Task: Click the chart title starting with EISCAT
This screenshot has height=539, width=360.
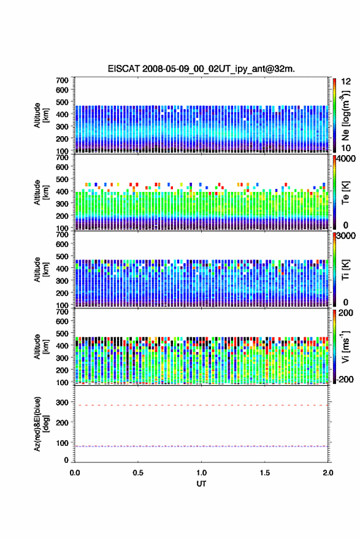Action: point(201,69)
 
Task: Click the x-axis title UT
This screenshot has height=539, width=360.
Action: point(201,484)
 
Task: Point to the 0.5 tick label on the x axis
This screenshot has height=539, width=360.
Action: point(138,473)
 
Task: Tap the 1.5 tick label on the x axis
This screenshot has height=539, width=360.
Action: point(265,473)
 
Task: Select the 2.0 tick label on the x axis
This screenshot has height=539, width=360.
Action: point(328,473)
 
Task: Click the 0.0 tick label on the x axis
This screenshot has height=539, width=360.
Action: point(75,473)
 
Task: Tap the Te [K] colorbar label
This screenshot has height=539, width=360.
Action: point(345,193)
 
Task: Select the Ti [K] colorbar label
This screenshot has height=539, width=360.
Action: point(345,270)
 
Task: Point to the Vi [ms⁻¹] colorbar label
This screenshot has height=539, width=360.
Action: point(345,346)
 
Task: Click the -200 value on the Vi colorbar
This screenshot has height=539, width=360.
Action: point(345,380)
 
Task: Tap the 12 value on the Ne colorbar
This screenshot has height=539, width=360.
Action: point(346,82)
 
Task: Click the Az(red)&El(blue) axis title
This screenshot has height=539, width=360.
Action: point(41,424)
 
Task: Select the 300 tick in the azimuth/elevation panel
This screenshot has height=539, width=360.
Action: point(62,402)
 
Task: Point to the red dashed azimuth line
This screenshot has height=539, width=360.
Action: point(201,405)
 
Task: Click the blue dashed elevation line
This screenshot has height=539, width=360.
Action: point(201,446)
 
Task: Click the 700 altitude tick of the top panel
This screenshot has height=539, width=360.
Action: point(62,80)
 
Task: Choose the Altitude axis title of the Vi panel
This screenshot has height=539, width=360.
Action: point(41,346)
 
